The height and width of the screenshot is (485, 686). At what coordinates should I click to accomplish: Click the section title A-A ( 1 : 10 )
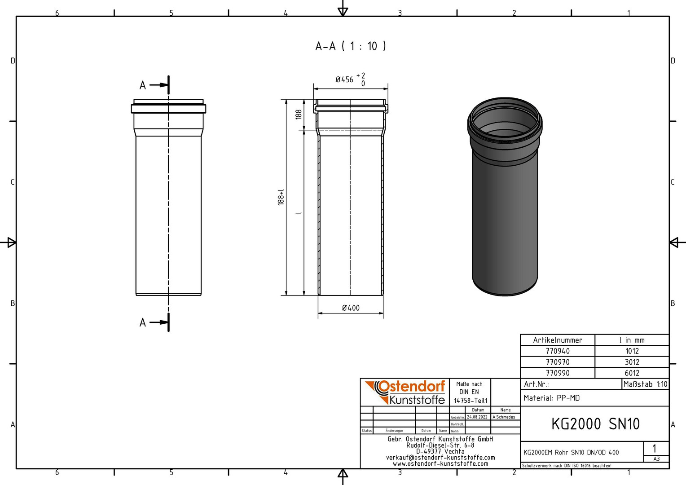coord(351,46)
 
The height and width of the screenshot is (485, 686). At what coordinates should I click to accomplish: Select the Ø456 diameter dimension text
coord(344,79)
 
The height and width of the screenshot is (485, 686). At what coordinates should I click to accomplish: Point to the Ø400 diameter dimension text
coord(351,308)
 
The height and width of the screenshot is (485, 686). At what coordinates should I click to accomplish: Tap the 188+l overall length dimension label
coord(281,197)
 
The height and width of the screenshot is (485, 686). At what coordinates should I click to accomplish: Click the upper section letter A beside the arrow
coord(143,85)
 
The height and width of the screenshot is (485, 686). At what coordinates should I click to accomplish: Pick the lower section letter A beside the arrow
coord(143,322)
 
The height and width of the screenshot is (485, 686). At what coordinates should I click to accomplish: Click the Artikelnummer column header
coord(558,340)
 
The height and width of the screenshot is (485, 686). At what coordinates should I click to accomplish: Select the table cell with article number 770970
coord(558,362)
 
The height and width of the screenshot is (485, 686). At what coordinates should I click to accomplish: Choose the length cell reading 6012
coord(632,373)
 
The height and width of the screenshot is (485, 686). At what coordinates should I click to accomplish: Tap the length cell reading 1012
coord(632,351)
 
